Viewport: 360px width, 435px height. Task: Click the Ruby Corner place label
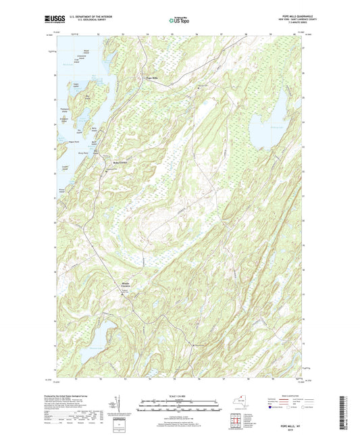click(x=120, y=162)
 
